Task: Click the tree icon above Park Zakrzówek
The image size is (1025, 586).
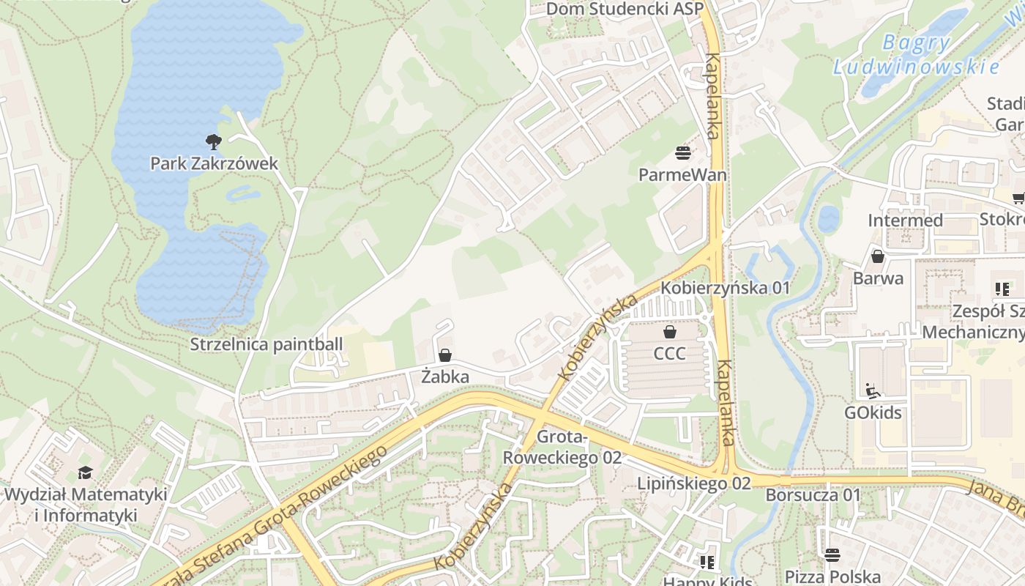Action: [x=213, y=141]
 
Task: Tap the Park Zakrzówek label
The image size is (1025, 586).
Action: [x=214, y=163]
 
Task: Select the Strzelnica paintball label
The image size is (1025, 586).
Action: [x=266, y=344]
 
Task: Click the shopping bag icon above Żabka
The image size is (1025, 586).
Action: [x=444, y=356]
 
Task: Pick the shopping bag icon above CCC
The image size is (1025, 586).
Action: [x=669, y=333]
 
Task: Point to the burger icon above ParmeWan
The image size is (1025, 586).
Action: [x=683, y=153]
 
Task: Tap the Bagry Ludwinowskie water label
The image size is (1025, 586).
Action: [x=916, y=55]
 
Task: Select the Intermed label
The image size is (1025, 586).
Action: [x=905, y=220]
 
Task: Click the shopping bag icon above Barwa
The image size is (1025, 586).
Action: [x=877, y=257]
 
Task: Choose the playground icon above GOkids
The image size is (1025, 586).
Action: [x=873, y=391]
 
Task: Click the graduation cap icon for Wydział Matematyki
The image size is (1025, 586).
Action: [x=86, y=473]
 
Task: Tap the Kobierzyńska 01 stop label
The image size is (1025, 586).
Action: [x=726, y=288]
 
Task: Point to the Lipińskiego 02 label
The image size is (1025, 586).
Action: [x=693, y=483]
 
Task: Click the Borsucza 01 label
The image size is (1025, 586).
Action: [x=813, y=495]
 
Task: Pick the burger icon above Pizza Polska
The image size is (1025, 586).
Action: [x=832, y=555]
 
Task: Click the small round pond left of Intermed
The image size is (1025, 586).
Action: [x=828, y=219]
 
